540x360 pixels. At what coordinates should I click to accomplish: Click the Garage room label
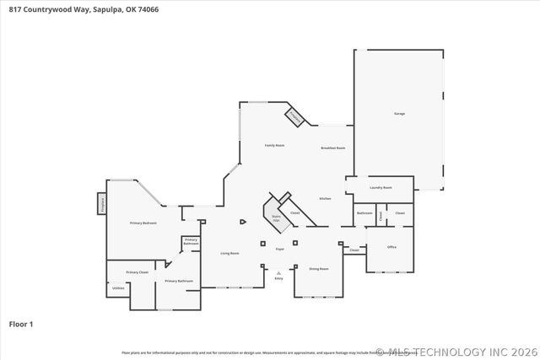(398, 113)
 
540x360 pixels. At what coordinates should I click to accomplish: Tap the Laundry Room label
(381, 187)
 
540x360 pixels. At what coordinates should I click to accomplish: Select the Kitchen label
(325, 199)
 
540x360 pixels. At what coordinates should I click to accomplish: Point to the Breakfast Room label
(333, 148)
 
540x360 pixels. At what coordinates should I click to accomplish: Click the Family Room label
(274, 145)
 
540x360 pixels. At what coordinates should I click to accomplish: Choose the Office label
(391, 247)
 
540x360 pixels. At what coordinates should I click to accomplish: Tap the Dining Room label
(318, 269)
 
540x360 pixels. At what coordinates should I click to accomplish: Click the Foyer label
(280, 249)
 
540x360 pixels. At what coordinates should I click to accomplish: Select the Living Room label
(230, 253)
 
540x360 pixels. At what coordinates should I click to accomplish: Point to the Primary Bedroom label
(143, 223)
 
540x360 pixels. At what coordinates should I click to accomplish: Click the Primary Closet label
(138, 272)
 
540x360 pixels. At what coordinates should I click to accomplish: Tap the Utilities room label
(118, 288)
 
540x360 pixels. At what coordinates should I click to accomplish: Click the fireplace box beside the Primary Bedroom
(102, 203)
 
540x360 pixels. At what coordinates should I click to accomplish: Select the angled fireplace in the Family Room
(294, 117)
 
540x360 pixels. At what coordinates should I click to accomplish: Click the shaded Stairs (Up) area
(275, 218)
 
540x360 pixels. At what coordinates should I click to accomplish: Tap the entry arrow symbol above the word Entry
(279, 271)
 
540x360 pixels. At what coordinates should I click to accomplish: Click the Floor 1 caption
(21, 324)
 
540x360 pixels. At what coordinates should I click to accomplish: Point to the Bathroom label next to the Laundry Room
(364, 213)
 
